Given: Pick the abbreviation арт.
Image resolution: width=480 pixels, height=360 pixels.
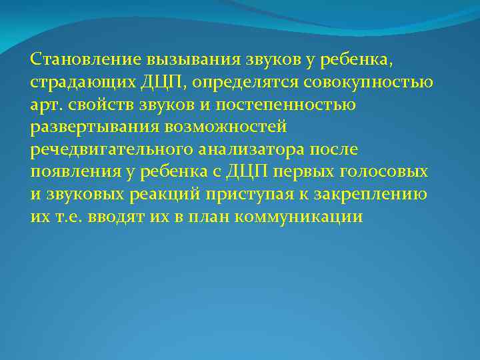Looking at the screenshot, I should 45,105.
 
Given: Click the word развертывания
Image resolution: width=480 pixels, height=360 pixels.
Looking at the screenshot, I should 87,127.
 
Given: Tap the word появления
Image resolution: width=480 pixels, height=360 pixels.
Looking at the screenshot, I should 71,172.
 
